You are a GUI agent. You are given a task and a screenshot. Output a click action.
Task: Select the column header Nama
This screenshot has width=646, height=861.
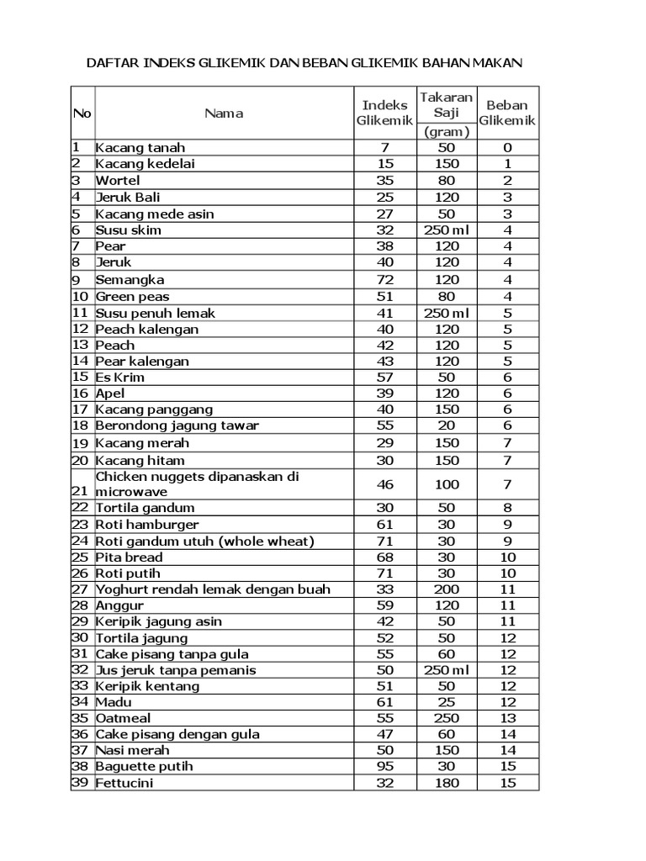pyautogui.click(x=224, y=114)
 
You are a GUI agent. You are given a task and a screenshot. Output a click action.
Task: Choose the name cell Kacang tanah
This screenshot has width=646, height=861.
pyautogui.click(x=140, y=148)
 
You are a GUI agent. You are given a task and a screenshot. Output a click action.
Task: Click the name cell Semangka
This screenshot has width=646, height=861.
pyautogui.click(x=130, y=279)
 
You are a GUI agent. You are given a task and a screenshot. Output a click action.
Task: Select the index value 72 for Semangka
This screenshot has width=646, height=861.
pyautogui.click(x=384, y=279)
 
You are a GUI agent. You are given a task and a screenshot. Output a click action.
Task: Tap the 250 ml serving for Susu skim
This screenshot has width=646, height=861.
pyautogui.click(x=447, y=230)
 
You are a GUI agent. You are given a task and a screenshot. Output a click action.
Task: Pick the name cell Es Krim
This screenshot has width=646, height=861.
pyautogui.click(x=120, y=378)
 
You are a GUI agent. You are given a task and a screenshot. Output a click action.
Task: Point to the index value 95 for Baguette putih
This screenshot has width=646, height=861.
pyautogui.click(x=384, y=767)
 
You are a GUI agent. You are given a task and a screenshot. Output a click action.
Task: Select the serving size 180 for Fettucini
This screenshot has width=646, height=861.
pyautogui.click(x=447, y=784)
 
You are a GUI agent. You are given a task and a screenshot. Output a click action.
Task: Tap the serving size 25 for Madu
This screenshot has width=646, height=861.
pyautogui.click(x=447, y=702)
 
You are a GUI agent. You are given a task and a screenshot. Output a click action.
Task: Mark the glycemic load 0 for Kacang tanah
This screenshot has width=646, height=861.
pyautogui.click(x=507, y=148)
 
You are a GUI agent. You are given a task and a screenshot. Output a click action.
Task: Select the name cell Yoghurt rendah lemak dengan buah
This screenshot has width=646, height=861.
pyautogui.click(x=213, y=589)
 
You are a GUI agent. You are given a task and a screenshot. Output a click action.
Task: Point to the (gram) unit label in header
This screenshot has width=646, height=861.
pyautogui.click(x=447, y=132)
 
